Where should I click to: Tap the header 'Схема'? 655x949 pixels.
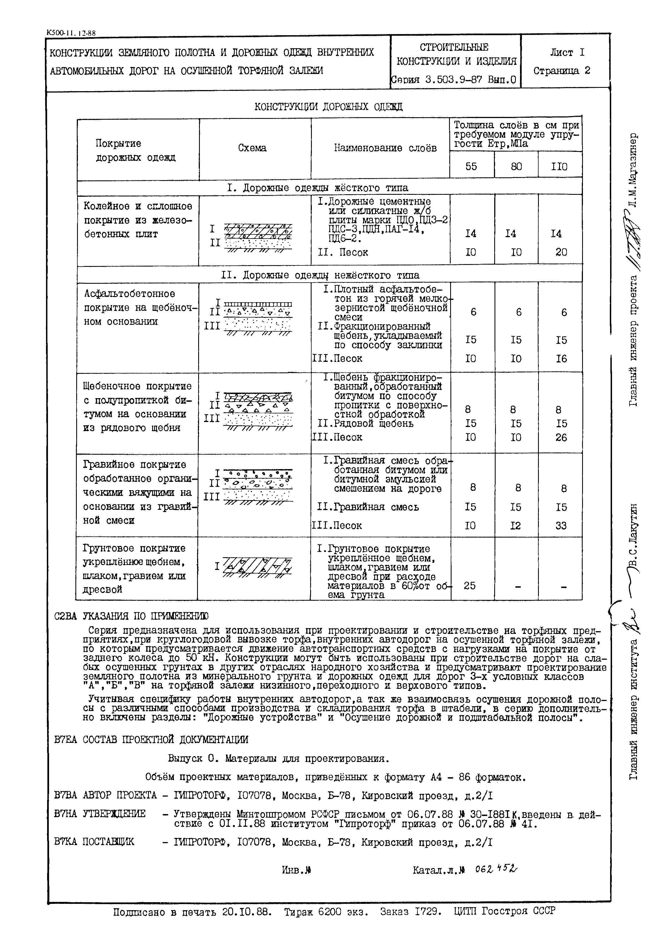click(253, 148)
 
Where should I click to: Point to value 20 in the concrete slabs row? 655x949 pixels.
click(561, 252)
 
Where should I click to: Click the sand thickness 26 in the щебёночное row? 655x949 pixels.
click(561, 437)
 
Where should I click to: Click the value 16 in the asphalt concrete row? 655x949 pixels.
click(561, 359)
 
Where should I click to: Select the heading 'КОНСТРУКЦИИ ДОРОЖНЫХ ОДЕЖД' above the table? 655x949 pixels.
click(328, 107)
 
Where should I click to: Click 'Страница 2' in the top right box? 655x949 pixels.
click(562, 71)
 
